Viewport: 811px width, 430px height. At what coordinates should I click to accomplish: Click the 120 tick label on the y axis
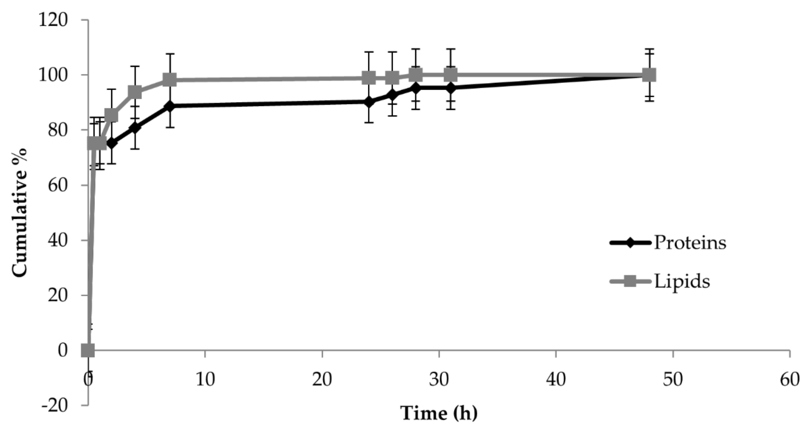[53, 20]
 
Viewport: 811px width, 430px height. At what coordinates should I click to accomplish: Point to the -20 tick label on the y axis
[55, 406]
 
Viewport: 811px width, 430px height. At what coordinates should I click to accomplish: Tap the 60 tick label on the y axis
[58, 185]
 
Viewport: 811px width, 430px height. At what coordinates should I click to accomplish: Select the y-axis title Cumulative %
[20, 213]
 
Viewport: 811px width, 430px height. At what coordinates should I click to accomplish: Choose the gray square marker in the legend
[630, 281]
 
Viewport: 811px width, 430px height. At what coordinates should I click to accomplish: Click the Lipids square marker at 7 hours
[170, 80]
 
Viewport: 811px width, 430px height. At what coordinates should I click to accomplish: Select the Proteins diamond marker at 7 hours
[170, 106]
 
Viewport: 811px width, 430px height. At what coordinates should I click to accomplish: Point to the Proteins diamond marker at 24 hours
[369, 102]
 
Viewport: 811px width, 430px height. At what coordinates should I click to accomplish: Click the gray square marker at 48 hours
[649, 75]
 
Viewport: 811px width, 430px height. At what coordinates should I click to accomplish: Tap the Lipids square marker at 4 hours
[135, 93]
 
